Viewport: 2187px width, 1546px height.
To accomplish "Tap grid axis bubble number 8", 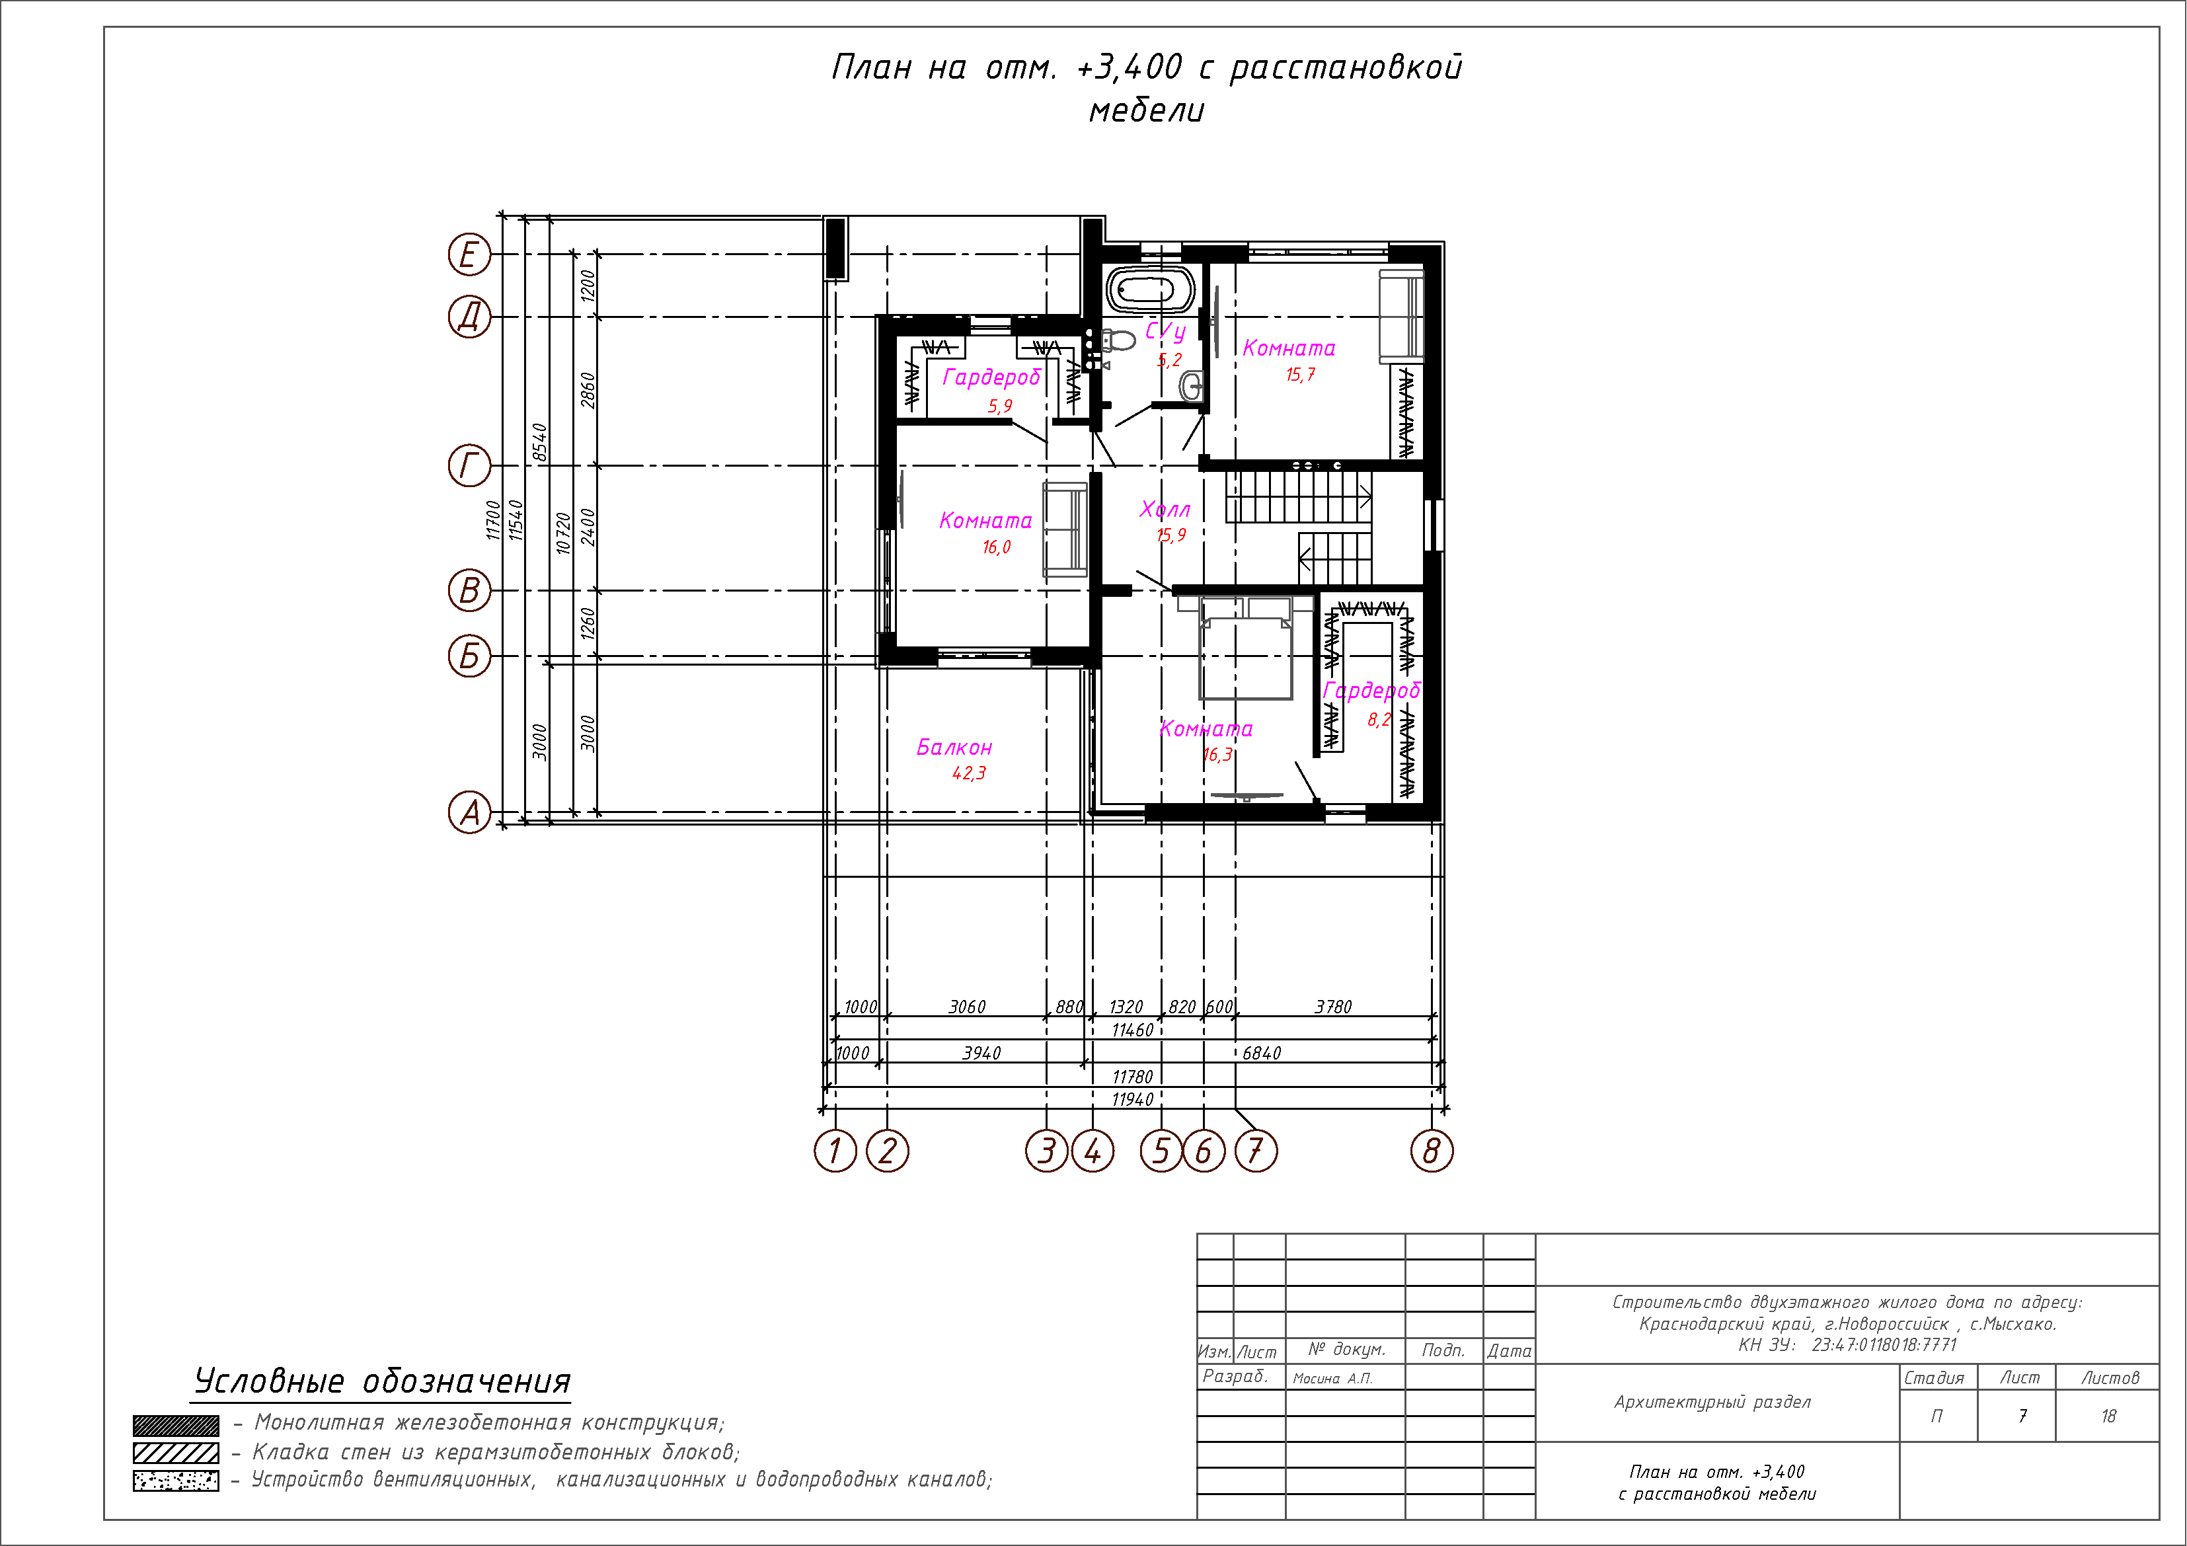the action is [x=1432, y=1151].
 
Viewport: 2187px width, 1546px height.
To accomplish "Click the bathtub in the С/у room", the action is [x=1153, y=290].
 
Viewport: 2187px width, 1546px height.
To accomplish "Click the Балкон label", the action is [x=954, y=748].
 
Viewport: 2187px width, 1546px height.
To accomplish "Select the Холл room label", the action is [x=1164, y=510].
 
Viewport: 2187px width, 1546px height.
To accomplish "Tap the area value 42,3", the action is [x=969, y=773].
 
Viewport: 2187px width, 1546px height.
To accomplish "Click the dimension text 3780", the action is [x=1332, y=1007].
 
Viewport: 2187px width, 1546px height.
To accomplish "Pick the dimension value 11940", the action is [x=1133, y=1099].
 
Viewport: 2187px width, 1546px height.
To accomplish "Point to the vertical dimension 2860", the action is [x=588, y=391].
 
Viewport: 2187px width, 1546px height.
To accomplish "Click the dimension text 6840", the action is [x=1261, y=1052].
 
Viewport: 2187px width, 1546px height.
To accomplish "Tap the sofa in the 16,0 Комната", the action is [x=1065, y=529].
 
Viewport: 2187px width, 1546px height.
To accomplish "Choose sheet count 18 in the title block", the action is [x=2108, y=1416].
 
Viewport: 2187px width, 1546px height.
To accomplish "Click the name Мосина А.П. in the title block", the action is [x=1332, y=1378].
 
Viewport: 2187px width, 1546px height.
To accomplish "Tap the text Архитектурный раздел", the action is [x=1712, y=1402].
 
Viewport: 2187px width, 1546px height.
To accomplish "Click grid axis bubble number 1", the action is [x=835, y=1151].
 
